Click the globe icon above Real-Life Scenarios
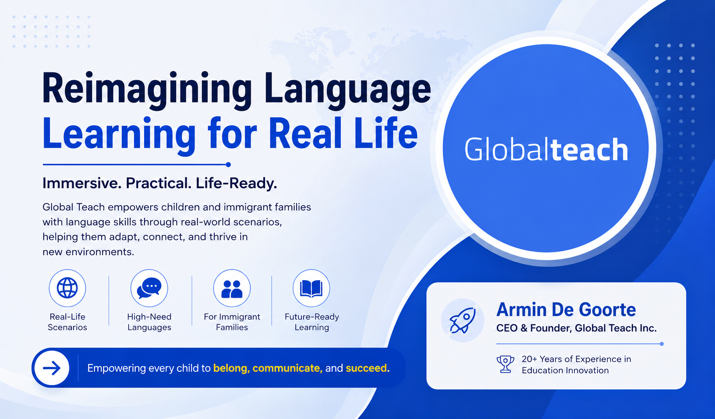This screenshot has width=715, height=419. click(67, 288)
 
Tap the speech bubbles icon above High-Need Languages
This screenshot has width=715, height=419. click(149, 288)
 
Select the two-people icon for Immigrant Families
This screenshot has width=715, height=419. click(232, 289)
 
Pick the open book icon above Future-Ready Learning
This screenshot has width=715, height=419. click(311, 288)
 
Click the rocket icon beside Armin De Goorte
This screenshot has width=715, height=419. click(463, 320)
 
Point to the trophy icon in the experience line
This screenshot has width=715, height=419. click(505, 364)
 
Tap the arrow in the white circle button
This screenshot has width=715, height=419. click(52, 368)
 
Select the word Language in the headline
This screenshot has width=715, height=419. click(348, 89)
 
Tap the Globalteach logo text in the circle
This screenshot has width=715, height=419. click(546, 149)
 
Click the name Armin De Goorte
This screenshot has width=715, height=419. click(566, 309)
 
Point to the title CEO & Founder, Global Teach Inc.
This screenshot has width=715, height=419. click(576, 328)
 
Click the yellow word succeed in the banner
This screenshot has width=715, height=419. click(366, 368)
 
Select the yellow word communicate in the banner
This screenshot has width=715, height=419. click(286, 368)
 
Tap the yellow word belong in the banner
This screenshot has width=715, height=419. click(230, 369)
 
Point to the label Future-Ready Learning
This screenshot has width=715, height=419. click(311, 322)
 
